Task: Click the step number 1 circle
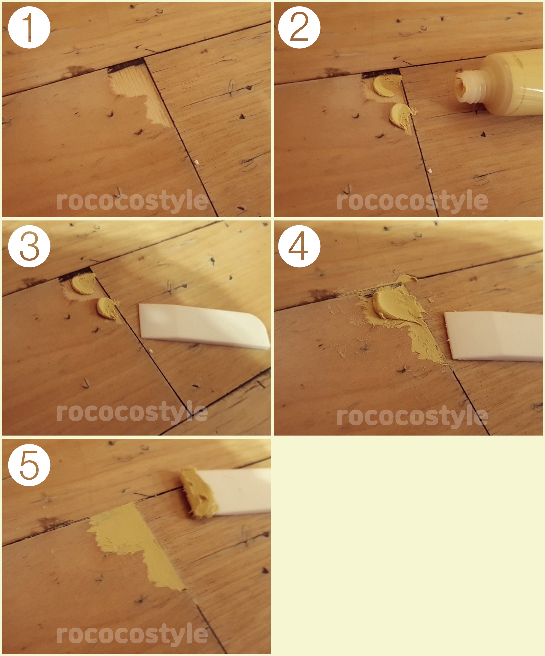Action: pos(29,27)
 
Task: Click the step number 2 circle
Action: pos(299,27)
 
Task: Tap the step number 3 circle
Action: pos(29,246)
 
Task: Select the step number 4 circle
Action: pos(299,246)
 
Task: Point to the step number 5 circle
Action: pos(29,465)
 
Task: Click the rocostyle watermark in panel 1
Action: pos(132,201)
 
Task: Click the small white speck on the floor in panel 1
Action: pos(196,162)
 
